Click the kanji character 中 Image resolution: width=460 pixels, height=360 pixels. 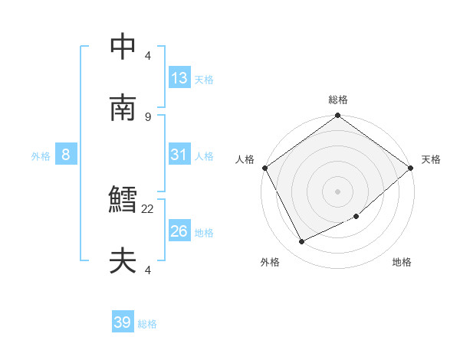point(123,47)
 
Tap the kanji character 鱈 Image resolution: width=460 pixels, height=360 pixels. point(123,201)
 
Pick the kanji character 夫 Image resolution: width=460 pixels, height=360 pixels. point(123,262)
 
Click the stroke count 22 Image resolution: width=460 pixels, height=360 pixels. point(148,208)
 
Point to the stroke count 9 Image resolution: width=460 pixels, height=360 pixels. point(148,116)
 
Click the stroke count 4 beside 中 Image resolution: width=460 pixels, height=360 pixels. point(148,55)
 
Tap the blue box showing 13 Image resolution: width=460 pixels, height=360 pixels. point(179,78)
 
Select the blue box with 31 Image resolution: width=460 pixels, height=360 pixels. point(179,155)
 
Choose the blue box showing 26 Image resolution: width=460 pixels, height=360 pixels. point(179,231)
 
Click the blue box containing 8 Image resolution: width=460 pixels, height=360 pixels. point(66,155)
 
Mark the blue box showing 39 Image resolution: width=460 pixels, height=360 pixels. point(123,322)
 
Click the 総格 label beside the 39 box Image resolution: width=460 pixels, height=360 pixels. point(147,324)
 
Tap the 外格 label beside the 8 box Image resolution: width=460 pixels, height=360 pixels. point(41,156)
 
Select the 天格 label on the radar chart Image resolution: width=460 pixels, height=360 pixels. point(431,159)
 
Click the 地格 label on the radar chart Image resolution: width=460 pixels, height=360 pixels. point(402,263)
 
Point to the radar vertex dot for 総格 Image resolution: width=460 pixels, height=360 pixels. point(337,116)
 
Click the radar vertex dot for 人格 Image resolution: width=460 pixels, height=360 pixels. point(265,168)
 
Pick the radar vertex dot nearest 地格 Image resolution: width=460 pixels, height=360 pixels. point(356,217)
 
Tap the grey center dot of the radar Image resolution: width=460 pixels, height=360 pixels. point(337,191)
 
